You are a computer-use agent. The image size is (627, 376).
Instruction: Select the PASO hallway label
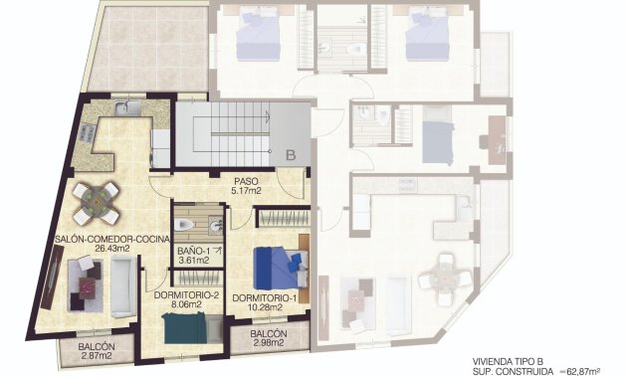tap(247, 180)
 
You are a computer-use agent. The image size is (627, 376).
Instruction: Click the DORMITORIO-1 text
tap(265, 297)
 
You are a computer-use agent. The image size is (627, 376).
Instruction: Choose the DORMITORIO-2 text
tap(187, 295)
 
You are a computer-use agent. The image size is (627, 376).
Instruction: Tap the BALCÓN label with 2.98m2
tap(269, 334)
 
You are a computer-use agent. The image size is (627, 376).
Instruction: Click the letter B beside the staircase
tap(290, 155)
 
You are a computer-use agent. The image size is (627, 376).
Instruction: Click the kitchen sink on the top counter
tap(121, 108)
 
